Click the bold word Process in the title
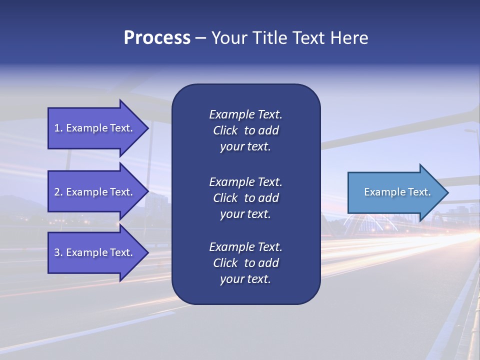tap(157, 38)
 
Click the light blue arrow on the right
tap(395, 192)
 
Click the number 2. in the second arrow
tap(58, 192)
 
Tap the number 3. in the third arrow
tap(58, 252)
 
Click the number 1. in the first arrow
tap(58, 128)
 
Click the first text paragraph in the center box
tap(245, 130)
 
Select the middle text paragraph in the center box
tap(245, 198)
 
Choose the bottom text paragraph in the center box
tap(245, 263)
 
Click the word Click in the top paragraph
tap(225, 130)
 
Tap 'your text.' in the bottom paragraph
tap(245, 279)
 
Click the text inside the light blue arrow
tap(397, 192)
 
